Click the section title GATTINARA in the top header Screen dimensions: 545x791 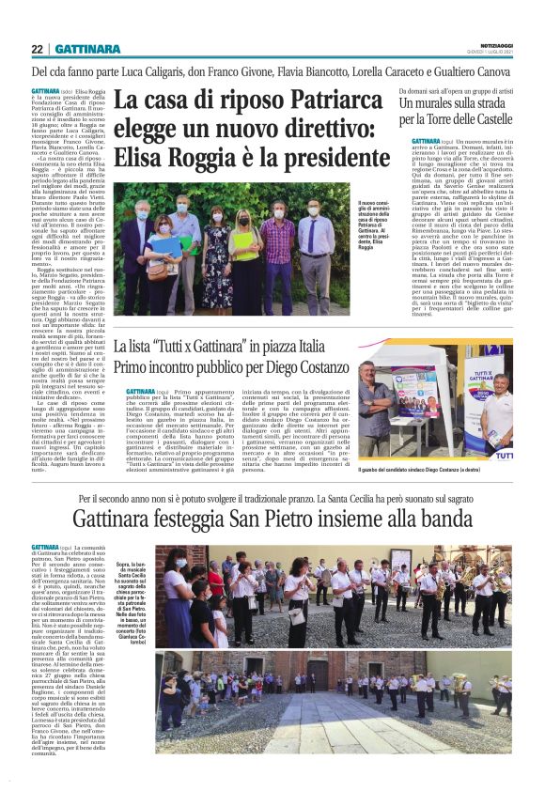tap(86, 49)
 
